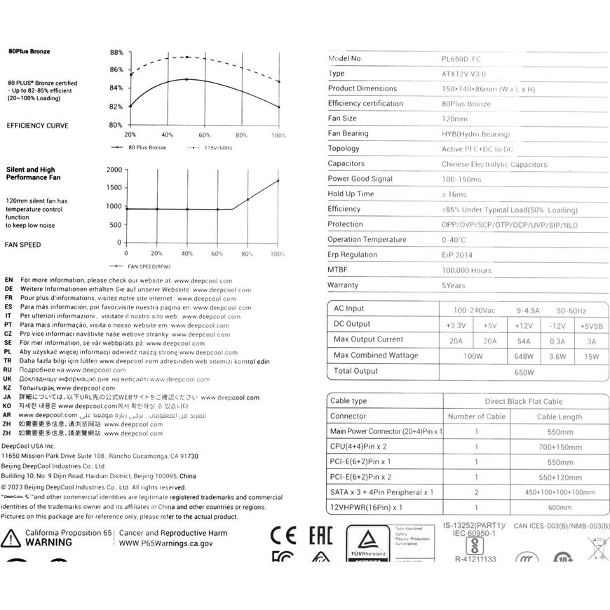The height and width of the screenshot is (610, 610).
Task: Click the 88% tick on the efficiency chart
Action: click(x=116, y=53)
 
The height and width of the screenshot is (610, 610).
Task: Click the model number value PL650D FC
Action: click(x=456, y=59)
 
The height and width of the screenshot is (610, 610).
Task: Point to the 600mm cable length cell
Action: click(x=560, y=508)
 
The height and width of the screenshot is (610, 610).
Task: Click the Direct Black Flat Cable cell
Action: click(x=524, y=402)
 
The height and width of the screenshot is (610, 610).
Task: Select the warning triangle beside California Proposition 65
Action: click(x=11, y=538)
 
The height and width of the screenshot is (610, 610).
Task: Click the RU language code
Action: click(x=8, y=370)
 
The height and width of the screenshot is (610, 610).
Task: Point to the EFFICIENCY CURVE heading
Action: click(x=38, y=126)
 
